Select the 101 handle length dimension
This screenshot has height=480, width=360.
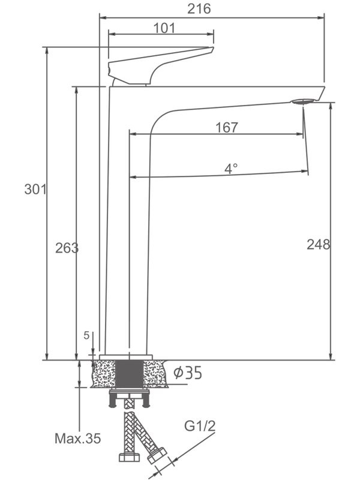[x=164, y=28]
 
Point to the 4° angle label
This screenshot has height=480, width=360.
[x=231, y=169]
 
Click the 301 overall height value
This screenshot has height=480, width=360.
[x=35, y=190]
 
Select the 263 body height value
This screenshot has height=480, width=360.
[x=67, y=248]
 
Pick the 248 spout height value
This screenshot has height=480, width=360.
[x=318, y=244]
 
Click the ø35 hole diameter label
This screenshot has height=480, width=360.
[x=187, y=373]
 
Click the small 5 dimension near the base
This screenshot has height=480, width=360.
[x=87, y=336]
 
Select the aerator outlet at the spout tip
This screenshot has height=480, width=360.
[x=304, y=103]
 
